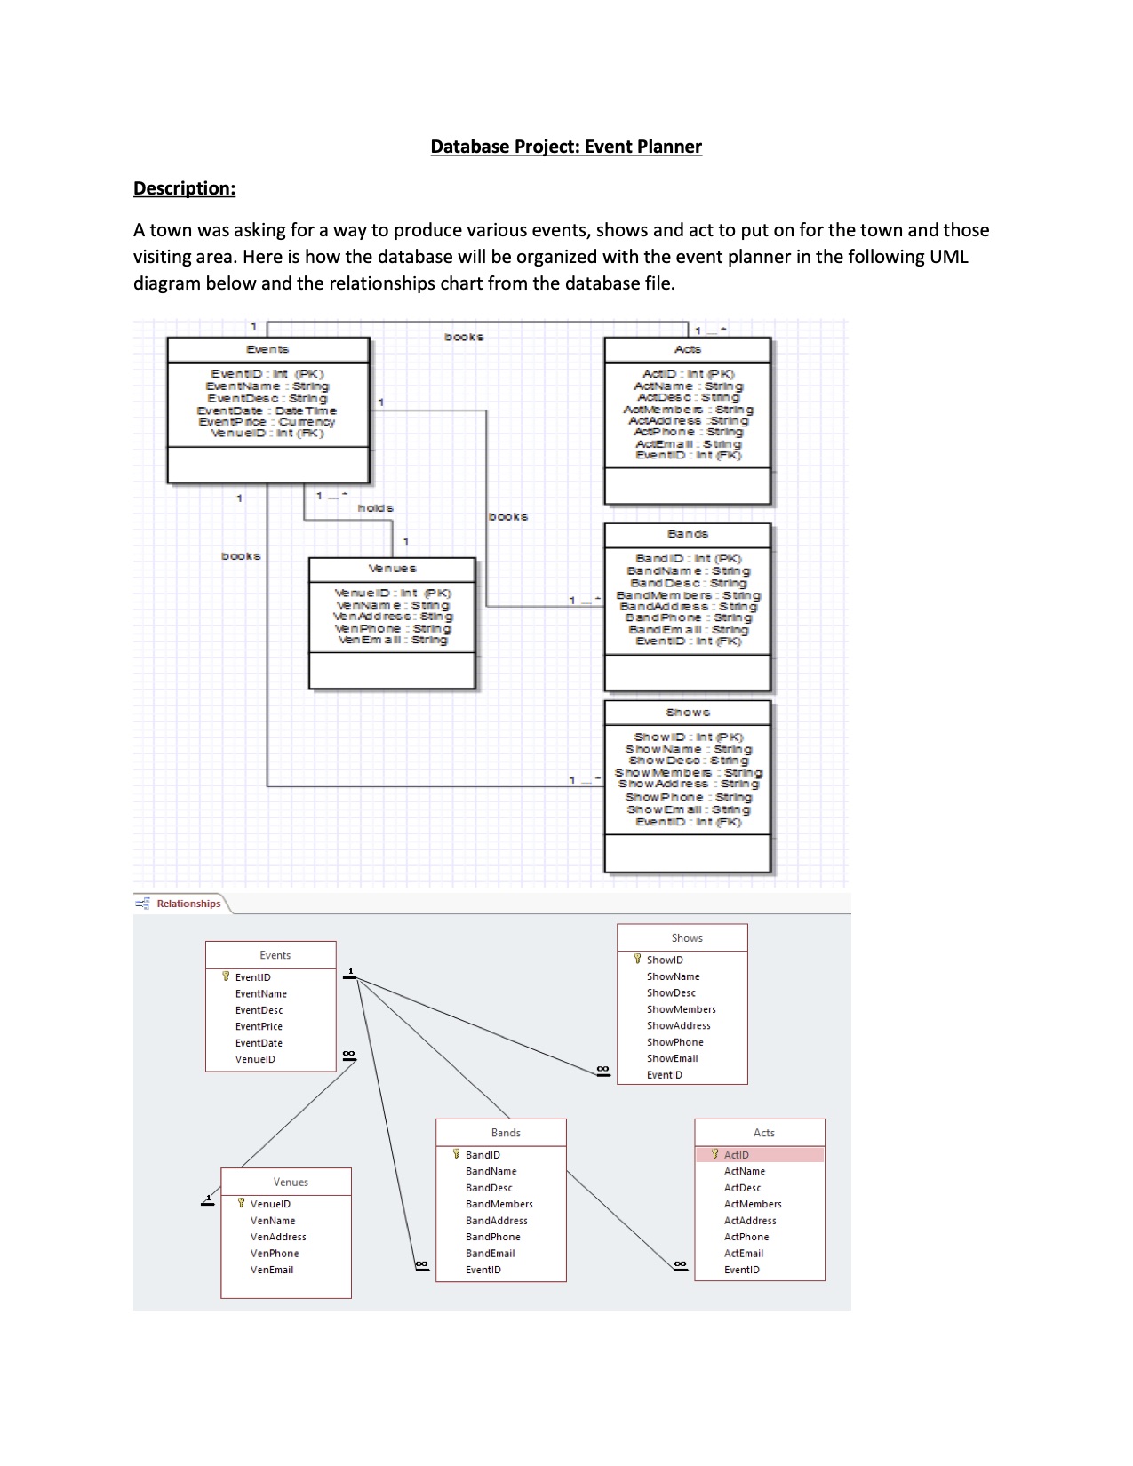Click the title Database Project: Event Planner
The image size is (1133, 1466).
pos(566,147)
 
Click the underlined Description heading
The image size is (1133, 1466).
pos(184,188)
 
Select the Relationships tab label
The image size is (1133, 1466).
pos(188,904)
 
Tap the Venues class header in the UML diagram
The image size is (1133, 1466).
pos(392,569)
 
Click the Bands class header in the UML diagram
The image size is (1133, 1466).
pos(688,534)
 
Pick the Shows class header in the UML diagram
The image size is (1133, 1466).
pos(688,713)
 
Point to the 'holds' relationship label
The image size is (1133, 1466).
pos(375,507)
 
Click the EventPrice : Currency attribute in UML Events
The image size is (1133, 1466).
pos(267,422)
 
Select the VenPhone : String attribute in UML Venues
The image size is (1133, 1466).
pos(392,628)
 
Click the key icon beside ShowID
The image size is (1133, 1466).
pos(637,960)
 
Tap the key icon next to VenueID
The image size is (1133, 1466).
pos(241,1204)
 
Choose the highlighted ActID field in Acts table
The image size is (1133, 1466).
pos(737,1155)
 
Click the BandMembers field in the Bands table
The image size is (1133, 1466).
pos(499,1204)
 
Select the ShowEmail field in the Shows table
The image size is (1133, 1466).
pos(672,1058)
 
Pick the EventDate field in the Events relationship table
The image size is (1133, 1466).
pos(259,1043)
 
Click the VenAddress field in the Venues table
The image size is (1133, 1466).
pos(278,1237)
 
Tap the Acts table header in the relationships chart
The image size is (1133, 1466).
pos(763,1133)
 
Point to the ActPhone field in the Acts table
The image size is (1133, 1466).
pos(746,1237)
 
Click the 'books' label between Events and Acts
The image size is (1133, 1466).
pos(464,338)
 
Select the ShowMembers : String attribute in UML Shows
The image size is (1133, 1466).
pos(688,773)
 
